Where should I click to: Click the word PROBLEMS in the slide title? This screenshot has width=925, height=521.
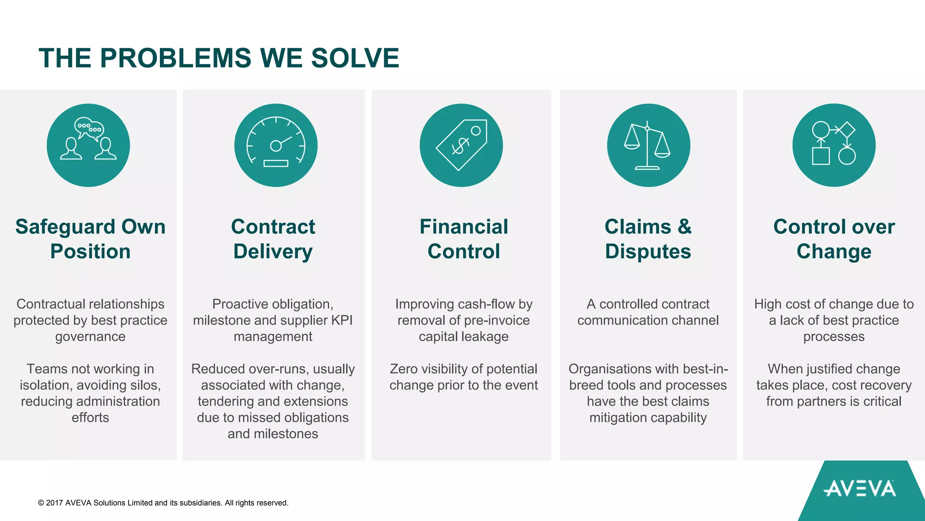(176, 58)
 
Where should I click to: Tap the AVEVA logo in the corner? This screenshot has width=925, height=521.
(860, 489)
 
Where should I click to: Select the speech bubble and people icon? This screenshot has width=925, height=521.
(89, 145)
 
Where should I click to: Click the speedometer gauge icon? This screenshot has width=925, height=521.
(276, 145)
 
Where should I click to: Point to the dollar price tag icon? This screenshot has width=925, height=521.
(461, 145)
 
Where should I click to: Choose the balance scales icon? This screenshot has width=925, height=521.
(648, 145)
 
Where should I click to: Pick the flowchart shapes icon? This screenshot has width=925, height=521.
(834, 145)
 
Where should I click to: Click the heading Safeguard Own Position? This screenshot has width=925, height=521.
(90, 239)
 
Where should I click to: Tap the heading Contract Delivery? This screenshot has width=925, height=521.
(273, 239)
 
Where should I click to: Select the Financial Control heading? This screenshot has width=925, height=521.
(464, 239)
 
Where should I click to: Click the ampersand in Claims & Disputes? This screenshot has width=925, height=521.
(685, 227)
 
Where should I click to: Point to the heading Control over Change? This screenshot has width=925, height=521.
(834, 239)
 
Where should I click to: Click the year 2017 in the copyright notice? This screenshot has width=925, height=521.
(54, 503)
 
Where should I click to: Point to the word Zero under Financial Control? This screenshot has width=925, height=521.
(404, 369)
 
